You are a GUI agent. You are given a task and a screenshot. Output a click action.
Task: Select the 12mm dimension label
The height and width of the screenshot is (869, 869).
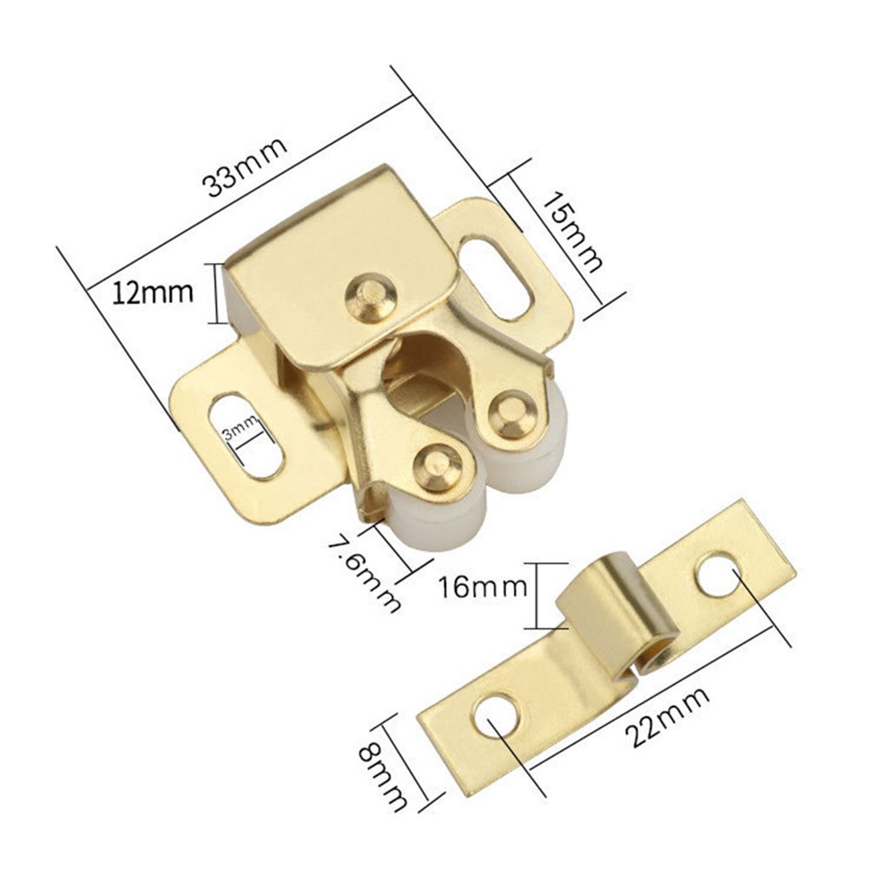[x=153, y=293]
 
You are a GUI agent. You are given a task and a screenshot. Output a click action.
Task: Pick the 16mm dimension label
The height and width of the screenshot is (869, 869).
[x=484, y=586]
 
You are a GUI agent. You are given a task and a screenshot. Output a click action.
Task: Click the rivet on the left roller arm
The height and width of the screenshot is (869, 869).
[x=438, y=460]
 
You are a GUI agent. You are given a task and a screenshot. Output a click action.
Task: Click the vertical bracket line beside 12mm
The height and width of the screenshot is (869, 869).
[x=214, y=293]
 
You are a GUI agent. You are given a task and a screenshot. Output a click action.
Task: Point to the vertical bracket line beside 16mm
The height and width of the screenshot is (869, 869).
[x=540, y=596]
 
